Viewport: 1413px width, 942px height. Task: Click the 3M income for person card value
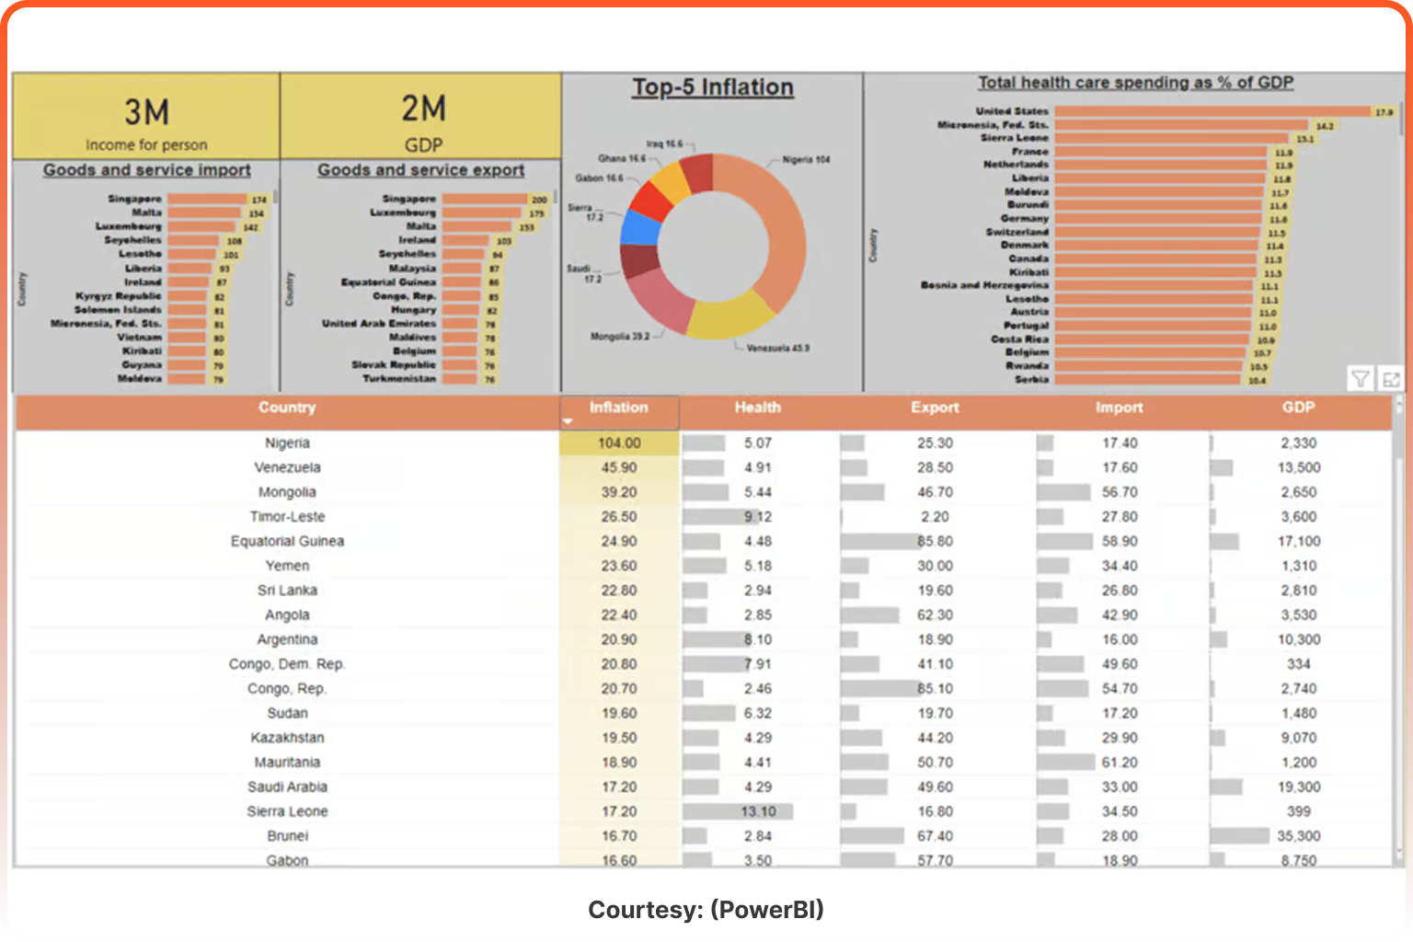tap(146, 112)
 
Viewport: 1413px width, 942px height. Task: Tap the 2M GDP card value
tap(423, 109)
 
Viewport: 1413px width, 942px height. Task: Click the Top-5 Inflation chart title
tap(712, 87)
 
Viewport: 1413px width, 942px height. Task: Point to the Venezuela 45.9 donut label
tap(777, 349)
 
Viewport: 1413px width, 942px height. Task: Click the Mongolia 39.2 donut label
tap(619, 337)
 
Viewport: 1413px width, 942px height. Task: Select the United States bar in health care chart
tap(1212, 111)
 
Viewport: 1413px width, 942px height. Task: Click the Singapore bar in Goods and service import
tap(207, 199)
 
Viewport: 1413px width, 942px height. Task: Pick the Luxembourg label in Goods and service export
tap(403, 213)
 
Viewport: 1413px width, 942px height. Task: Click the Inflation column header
tap(618, 408)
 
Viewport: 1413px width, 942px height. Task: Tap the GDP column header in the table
tap(1298, 408)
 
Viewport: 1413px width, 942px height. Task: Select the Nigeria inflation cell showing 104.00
tap(619, 443)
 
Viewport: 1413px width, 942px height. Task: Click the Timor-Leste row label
tap(287, 517)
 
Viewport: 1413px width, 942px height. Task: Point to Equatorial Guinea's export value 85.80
tap(935, 542)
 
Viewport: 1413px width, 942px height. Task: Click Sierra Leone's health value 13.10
tap(758, 811)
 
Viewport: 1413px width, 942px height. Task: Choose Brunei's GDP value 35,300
tap(1298, 836)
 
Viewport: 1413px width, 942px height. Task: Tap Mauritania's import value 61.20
tap(1120, 763)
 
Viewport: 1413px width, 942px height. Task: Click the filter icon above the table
tap(1360, 378)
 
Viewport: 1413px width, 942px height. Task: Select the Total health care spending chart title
tap(1135, 83)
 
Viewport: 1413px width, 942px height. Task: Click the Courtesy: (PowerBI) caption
tap(706, 910)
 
